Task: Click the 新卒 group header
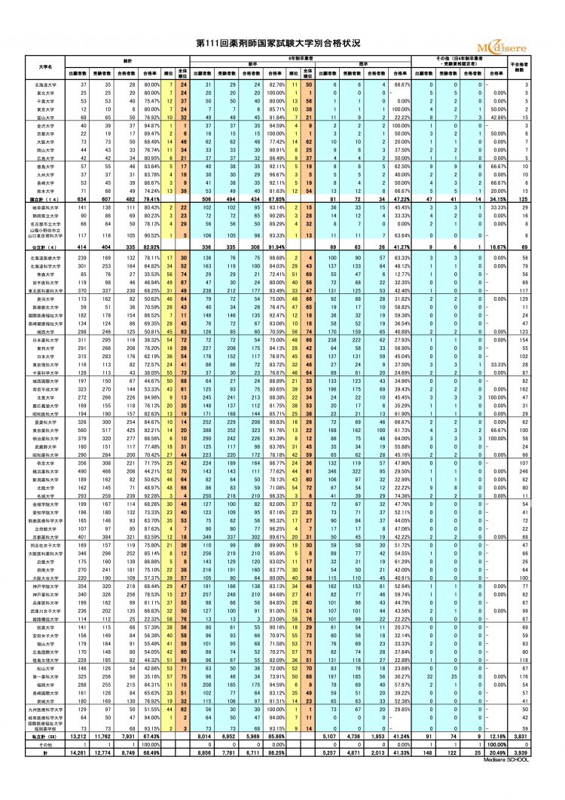pyautogui.click(x=253, y=63)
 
